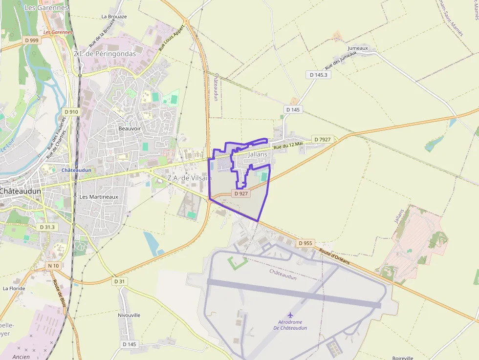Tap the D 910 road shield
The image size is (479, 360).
tap(71, 112)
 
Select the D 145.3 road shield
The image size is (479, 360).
tap(319, 75)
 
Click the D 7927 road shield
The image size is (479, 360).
tap(323, 139)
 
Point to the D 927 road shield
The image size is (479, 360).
tap(241, 193)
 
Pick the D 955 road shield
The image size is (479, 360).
tap(305, 243)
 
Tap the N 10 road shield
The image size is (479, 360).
tap(53, 266)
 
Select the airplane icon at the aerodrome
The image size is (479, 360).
tap(290, 315)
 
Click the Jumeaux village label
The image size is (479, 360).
tap(357, 48)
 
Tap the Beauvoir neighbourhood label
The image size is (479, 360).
tap(130, 128)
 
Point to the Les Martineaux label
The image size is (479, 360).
tap(99, 197)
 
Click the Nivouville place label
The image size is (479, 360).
tap(129, 315)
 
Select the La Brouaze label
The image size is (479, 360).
tap(114, 16)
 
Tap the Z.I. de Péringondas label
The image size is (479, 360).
tap(105, 54)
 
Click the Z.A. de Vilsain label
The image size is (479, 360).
tap(189, 178)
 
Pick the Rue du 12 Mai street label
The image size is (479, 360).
tap(288, 145)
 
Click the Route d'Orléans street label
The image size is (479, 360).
tap(335, 257)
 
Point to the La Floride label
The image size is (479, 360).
tap(14, 288)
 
